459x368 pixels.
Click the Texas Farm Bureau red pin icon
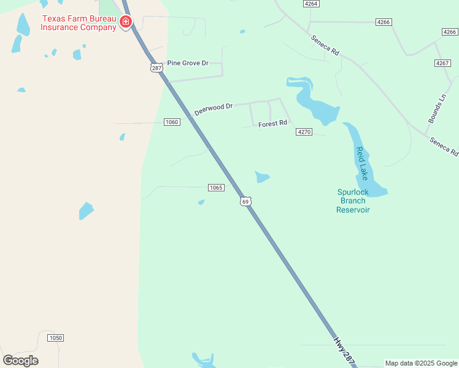pos(126,23)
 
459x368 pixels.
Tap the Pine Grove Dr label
pos(188,63)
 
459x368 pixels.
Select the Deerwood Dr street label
pos(213,109)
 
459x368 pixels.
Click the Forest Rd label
pos(272,123)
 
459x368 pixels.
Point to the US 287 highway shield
pos(156,67)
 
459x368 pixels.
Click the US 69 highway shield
pos(245,201)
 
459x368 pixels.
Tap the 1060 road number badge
pos(172,122)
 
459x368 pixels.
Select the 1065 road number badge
pos(215,188)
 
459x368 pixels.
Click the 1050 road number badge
pos(56,338)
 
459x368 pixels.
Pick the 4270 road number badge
pos(304,132)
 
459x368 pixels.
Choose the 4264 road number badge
pos(311,4)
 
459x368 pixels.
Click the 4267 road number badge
pos(442,63)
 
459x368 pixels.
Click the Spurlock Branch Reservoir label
pos(353,201)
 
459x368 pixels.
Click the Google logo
pos(20,361)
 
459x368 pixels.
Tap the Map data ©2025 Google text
pos(421,363)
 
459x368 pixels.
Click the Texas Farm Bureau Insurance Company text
pos(79,23)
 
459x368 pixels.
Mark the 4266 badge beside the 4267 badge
pos(449,32)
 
